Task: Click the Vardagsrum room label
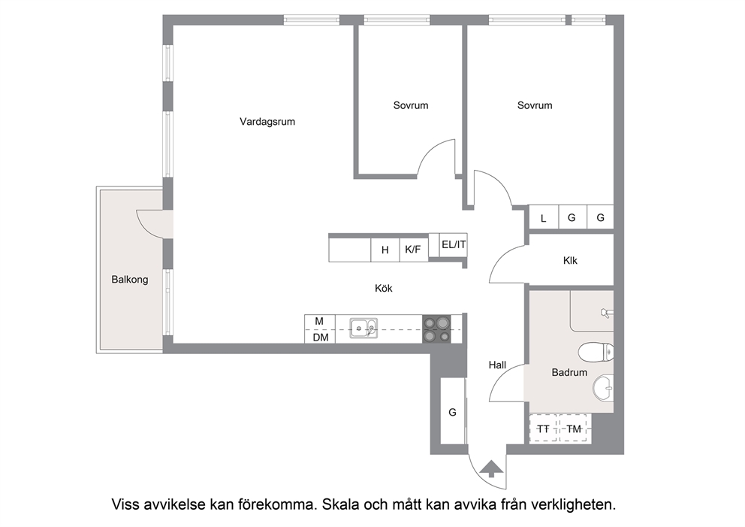pos(267,122)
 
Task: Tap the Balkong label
pos(130,280)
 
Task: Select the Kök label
pos(384,288)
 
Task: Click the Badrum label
pos(569,372)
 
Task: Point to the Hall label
pos(497,365)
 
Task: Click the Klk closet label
pos(570,261)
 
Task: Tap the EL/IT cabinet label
pos(454,244)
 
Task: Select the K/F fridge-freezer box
pos(414,249)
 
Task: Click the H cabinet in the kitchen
pos(385,250)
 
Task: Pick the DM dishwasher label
pos(321,338)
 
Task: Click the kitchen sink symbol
pos(364,329)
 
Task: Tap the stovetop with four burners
pos(436,329)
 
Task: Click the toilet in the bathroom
pos(596,353)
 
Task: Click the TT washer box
pos(543,429)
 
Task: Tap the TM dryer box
pos(574,429)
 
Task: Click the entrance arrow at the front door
pos(491,468)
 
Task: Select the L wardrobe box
pos(544,218)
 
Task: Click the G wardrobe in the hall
pos(453,412)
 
